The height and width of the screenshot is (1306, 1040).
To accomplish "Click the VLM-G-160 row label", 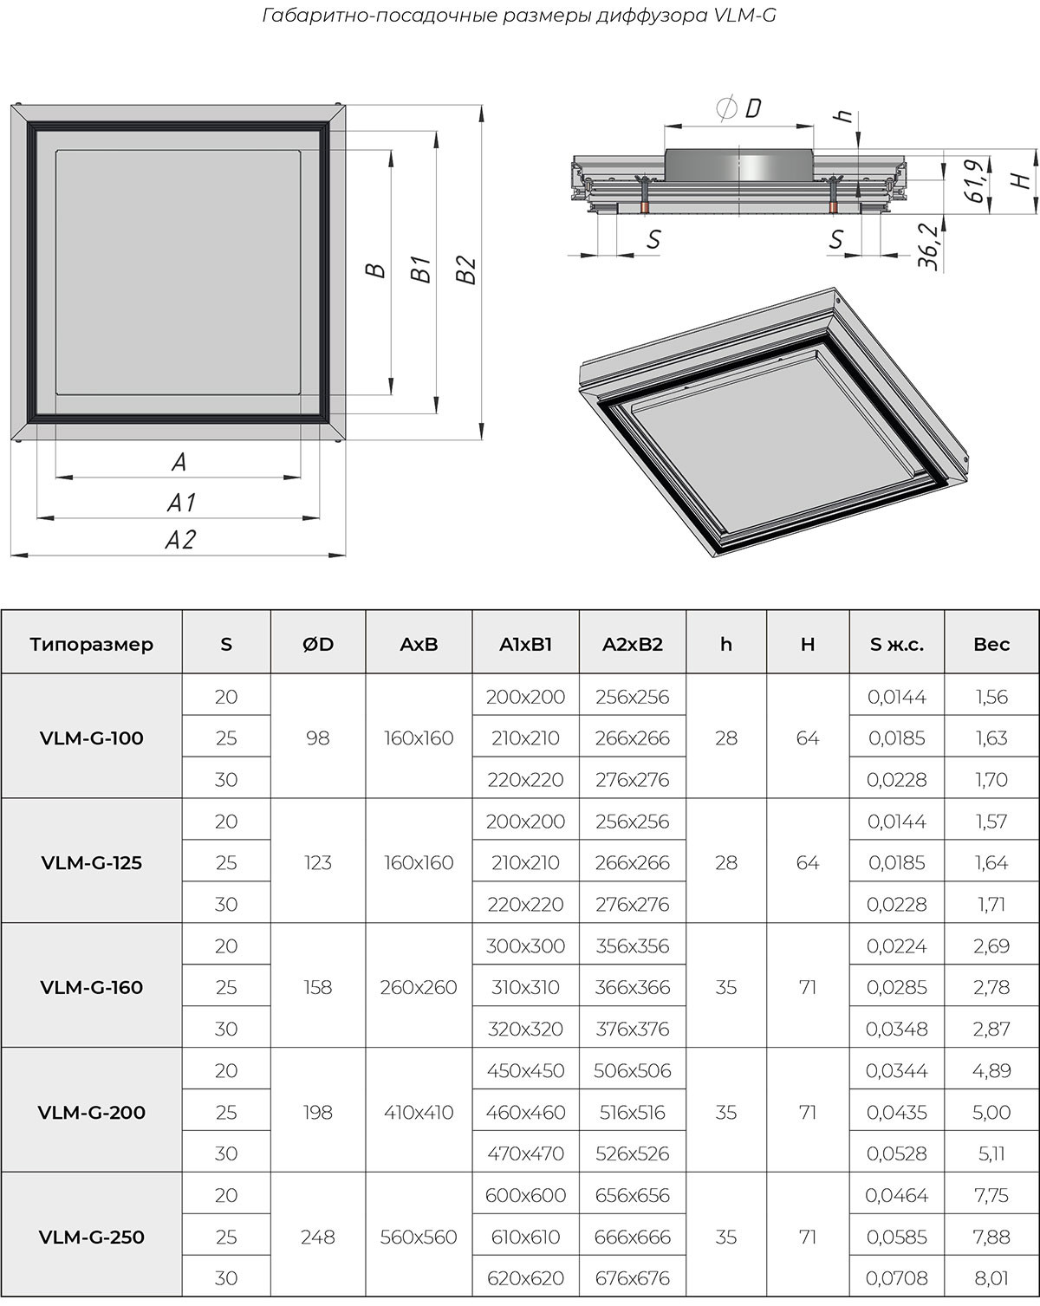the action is point(92,987).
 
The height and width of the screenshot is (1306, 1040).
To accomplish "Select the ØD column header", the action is point(318,644).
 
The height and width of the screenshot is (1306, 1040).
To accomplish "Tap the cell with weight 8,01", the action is point(991,1278).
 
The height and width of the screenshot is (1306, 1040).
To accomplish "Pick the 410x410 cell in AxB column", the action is point(419,1113).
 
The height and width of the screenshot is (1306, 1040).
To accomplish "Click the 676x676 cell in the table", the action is point(632,1278).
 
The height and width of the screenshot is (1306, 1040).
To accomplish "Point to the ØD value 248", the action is point(318,1237).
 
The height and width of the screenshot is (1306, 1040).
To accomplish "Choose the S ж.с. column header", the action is point(897,644).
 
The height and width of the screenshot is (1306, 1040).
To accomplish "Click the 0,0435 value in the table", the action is point(897,1113).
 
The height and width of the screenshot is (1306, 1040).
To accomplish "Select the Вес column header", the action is point(991,644).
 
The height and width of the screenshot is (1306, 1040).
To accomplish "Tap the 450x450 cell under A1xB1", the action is point(526,1070).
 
